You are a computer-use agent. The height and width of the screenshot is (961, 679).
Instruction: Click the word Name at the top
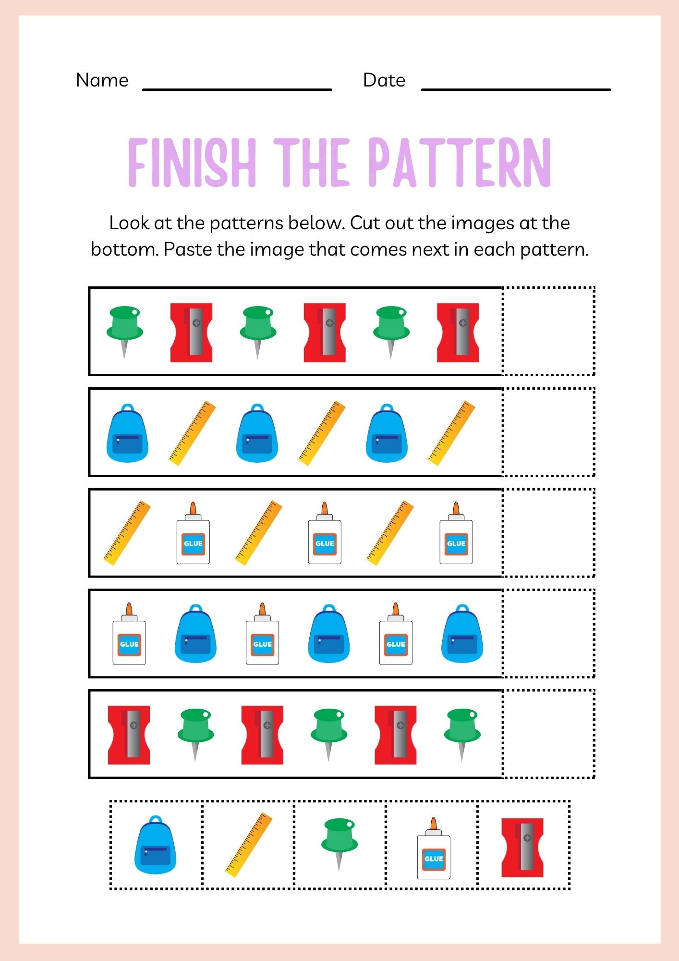tap(102, 80)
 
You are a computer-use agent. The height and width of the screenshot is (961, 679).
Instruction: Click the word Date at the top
tap(384, 80)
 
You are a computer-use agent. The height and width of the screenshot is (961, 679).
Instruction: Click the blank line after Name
tap(237, 88)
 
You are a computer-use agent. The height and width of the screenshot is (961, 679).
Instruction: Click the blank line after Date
tap(516, 88)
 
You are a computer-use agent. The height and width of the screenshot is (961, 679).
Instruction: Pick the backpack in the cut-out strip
tap(155, 845)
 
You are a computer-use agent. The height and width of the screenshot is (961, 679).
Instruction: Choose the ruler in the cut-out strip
tap(249, 845)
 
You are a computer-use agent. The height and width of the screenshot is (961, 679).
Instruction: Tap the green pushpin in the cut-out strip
tap(339, 844)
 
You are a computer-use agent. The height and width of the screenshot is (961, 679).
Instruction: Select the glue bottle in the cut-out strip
tap(434, 849)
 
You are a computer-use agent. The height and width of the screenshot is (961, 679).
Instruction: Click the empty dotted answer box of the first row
tap(548, 331)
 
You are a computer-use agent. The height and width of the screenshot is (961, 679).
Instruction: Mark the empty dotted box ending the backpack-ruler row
tap(548, 432)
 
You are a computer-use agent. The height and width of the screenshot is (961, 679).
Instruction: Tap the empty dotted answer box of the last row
tap(548, 734)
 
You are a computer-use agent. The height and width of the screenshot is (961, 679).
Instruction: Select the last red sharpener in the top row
tap(458, 332)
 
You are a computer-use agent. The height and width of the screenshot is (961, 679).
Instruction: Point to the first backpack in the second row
tap(127, 433)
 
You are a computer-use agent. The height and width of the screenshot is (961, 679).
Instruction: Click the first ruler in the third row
tap(127, 533)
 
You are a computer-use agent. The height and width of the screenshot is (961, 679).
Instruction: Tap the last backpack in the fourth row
tap(462, 634)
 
